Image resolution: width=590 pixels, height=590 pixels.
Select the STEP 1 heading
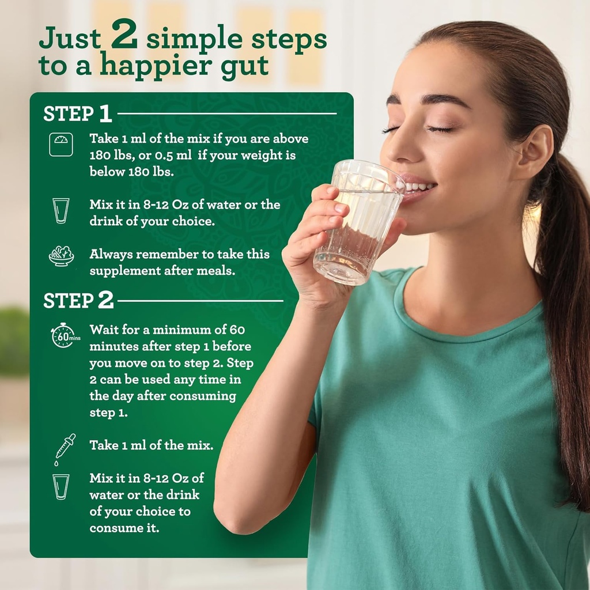tap(77, 114)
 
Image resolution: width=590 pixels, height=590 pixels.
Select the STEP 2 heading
tap(78, 300)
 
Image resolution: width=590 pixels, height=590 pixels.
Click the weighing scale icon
tap(60, 145)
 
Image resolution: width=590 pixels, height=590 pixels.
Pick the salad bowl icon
tap(61, 256)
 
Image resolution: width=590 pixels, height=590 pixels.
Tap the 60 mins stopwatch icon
tap(62, 335)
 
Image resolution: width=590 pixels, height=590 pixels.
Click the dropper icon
tap(64, 448)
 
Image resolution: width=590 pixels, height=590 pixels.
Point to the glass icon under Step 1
tap(60, 210)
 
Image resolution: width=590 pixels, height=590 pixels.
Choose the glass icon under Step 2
tap(60, 486)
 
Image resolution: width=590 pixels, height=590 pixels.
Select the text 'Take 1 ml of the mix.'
tap(151, 445)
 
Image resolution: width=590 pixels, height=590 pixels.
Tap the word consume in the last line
tap(116, 528)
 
